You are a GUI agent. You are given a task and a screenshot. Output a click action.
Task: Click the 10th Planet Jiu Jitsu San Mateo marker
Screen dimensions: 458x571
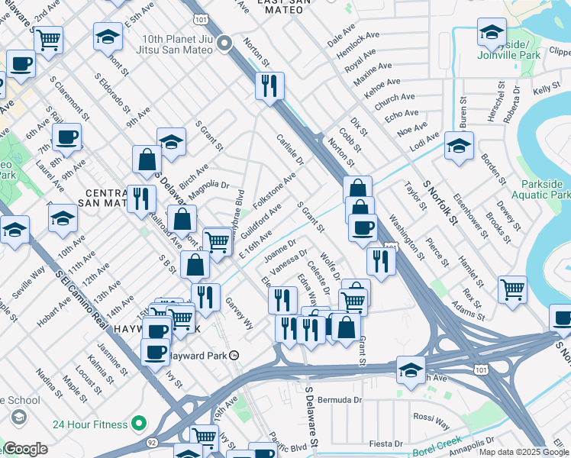pos(225,43)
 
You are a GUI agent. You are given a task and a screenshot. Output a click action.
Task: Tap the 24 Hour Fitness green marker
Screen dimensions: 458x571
pos(139,422)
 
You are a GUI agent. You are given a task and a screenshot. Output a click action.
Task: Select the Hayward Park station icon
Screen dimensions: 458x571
pos(235,355)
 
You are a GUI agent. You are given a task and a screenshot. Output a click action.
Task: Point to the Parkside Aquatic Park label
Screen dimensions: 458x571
pos(543,190)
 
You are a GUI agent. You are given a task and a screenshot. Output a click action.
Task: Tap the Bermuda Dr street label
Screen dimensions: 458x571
pos(340,400)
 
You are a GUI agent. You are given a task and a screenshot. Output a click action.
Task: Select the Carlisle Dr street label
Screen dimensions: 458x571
pos(290,151)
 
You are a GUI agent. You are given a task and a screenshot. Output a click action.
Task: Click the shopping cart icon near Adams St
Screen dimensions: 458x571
pos(512,289)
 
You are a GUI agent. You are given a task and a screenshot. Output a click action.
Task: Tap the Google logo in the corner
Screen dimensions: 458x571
pos(24,450)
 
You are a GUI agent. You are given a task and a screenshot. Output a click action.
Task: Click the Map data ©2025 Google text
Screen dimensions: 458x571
pos(524,452)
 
